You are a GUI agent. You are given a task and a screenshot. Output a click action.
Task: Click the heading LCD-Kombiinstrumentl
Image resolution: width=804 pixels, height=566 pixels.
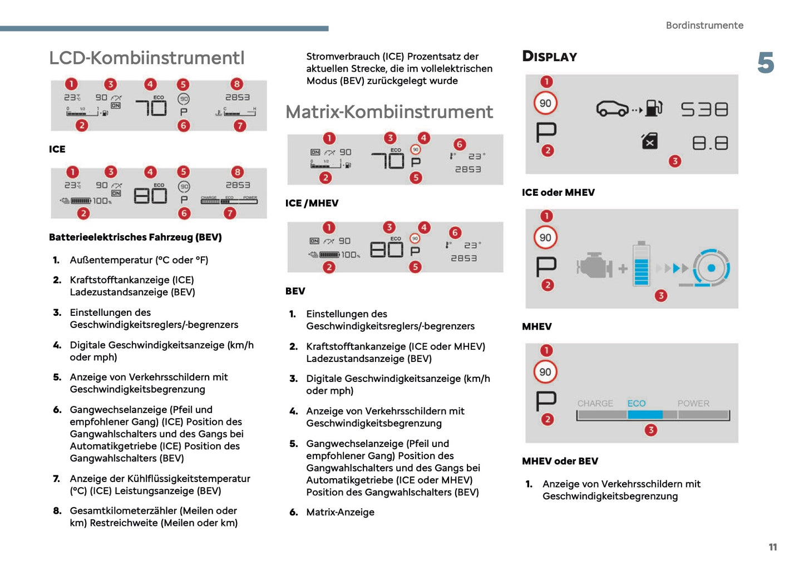pyautogui.click(x=147, y=58)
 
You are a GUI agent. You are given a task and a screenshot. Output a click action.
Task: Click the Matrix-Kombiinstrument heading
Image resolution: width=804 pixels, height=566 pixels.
pyautogui.click(x=389, y=112)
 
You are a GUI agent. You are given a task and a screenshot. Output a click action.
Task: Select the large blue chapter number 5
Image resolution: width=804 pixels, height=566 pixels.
pyautogui.click(x=766, y=63)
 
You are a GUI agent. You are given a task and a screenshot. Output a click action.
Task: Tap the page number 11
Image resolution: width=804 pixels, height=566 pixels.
pyautogui.click(x=772, y=547)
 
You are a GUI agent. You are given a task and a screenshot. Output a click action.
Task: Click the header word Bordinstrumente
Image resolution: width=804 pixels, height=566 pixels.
pyautogui.click(x=704, y=26)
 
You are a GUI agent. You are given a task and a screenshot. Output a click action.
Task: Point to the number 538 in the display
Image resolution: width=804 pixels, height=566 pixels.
pyautogui.click(x=704, y=110)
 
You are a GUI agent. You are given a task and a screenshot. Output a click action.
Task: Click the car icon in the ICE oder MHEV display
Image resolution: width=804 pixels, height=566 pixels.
pyautogui.click(x=612, y=108)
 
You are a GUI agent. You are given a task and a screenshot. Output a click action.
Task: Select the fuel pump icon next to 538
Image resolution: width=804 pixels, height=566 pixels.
pyautogui.click(x=654, y=108)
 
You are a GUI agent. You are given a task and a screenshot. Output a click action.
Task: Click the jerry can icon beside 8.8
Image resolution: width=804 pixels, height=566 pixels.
pyautogui.click(x=649, y=141)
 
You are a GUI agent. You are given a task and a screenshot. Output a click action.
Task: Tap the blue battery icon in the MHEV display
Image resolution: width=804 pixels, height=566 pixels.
pyautogui.click(x=641, y=264)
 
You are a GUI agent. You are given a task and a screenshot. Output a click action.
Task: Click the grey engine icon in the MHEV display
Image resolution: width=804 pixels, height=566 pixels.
pyautogui.click(x=594, y=266)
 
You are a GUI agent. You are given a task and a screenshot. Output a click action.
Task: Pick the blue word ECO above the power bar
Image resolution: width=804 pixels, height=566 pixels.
pyautogui.click(x=637, y=404)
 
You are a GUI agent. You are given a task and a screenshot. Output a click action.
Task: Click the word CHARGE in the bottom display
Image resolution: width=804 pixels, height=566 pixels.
pyautogui.click(x=595, y=404)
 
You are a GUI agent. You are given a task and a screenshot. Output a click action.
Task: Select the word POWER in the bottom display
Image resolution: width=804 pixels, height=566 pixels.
pyautogui.click(x=693, y=404)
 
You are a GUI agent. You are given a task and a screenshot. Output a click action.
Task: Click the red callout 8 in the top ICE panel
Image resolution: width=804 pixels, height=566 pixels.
pyautogui.click(x=237, y=84)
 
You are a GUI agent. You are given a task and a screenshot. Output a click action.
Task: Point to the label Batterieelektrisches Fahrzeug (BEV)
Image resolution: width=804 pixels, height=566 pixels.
pyautogui.click(x=135, y=237)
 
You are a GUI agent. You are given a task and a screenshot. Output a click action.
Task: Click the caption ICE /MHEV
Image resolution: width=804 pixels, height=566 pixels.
pyautogui.click(x=312, y=203)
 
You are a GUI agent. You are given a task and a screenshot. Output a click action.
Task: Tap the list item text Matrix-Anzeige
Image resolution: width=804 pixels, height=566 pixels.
pyautogui.click(x=340, y=512)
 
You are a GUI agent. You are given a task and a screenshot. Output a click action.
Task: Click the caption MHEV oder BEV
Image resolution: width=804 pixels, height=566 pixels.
pyautogui.click(x=560, y=461)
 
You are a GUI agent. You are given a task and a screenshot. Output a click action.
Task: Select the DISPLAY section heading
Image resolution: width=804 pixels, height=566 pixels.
pyautogui.click(x=549, y=57)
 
